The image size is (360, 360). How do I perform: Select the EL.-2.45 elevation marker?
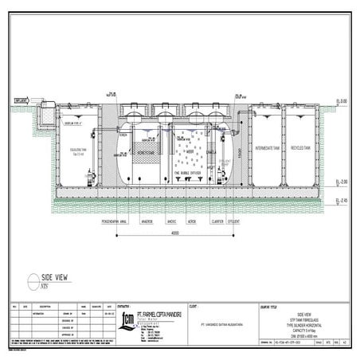tap(341, 201)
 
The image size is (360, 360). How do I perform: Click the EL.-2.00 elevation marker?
tap(341, 182)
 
